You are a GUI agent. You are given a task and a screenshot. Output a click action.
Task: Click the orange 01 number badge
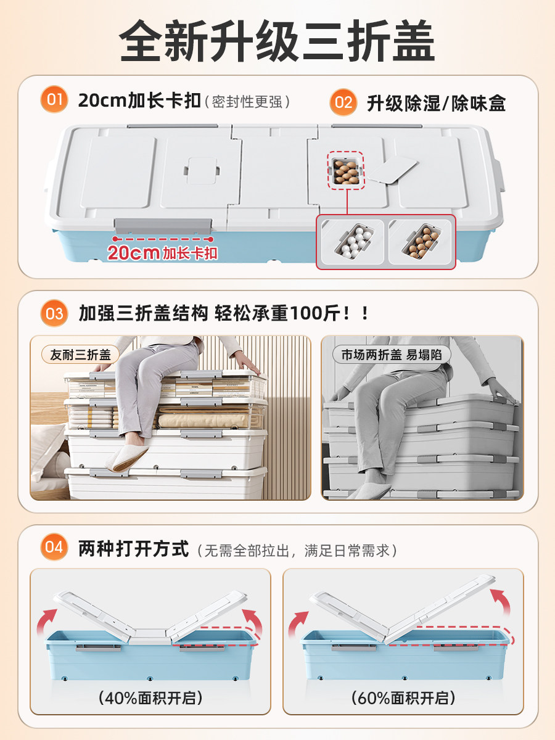54,99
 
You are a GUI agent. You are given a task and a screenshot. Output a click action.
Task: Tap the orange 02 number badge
343,102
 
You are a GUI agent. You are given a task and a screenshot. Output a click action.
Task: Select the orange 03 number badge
54,313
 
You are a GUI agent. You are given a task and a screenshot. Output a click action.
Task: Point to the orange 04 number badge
54,547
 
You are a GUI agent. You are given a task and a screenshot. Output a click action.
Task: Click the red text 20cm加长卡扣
162,253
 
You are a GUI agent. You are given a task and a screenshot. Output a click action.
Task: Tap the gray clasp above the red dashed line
163,226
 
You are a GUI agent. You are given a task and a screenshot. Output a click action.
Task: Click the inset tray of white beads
353,241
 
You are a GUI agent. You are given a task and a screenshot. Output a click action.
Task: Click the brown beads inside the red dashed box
346,171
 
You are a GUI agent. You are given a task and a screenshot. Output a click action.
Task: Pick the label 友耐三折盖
80,355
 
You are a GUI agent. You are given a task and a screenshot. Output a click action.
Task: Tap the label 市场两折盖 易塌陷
392,355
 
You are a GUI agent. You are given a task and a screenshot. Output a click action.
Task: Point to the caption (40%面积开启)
150,698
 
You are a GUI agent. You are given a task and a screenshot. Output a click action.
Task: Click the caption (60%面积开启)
403,698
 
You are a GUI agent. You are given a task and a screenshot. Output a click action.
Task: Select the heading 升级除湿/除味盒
437,103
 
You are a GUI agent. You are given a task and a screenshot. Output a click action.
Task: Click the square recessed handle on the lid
202,171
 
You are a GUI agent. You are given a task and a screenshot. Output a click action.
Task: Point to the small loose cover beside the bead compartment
392,170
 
